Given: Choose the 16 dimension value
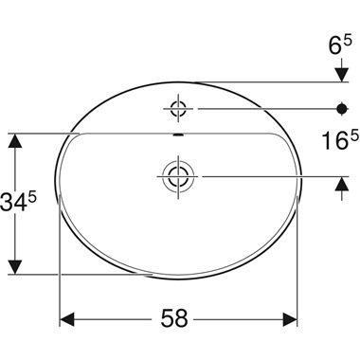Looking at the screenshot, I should (328, 141).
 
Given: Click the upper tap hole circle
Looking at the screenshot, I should (176, 109).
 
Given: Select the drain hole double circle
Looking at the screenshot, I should (176, 175).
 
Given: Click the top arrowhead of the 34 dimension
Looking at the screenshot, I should (15, 141).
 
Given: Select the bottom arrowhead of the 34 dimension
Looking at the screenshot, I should (15, 266).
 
